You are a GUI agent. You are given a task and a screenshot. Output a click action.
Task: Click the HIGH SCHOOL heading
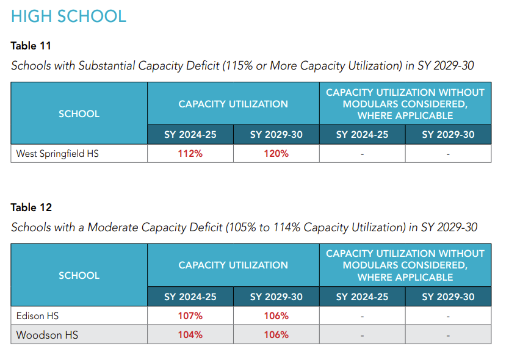click(x=68, y=16)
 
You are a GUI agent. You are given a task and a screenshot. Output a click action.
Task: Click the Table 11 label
click(x=31, y=46)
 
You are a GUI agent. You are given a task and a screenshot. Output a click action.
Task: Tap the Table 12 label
click(x=31, y=207)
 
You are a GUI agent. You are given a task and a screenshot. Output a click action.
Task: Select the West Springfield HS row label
click(x=57, y=154)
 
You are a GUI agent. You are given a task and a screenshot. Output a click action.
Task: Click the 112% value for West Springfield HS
click(x=190, y=154)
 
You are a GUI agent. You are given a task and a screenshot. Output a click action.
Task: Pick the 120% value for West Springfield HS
click(x=276, y=154)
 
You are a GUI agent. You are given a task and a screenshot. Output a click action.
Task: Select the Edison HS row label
click(x=37, y=316)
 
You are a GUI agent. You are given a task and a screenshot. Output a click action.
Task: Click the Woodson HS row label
click(x=47, y=335)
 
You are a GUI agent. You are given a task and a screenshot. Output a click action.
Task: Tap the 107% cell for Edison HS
click(x=190, y=316)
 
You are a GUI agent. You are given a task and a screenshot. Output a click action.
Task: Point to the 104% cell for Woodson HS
click(x=190, y=335)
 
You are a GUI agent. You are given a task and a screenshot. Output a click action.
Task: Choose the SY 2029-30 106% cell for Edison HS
click(x=276, y=316)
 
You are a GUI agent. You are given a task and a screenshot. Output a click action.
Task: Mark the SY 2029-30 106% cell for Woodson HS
click(x=276, y=335)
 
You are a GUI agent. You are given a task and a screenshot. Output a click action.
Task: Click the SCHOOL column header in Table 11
click(x=79, y=113)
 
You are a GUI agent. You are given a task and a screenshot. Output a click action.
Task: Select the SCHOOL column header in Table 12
click(x=79, y=275)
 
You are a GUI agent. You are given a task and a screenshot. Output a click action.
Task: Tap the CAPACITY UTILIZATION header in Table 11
click(x=233, y=104)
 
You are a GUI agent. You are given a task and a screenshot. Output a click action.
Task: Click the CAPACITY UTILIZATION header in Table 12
click(x=233, y=265)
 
